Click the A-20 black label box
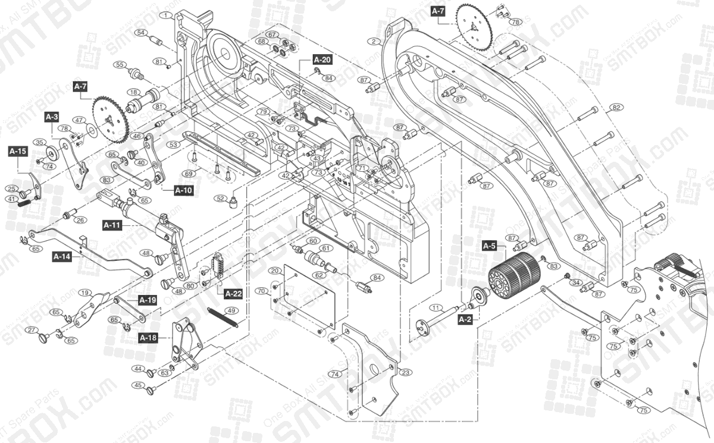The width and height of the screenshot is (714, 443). click(x=322, y=59)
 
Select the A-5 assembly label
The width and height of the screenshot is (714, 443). click(x=489, y=245)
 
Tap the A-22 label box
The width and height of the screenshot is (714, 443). click(x=233, y=293)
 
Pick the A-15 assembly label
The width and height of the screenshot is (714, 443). click(x=17, y=152)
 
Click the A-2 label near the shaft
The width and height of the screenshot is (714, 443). click(x=465, y=319)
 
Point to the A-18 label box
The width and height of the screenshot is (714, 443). click(x=148, y=338)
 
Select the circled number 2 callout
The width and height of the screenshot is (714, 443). click(x=373, y=41)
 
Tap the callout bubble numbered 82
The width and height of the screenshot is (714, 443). click(x=616, y=107)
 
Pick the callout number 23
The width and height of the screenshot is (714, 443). click(x=405, y=373)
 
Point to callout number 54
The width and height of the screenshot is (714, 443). click(x=142, y=33)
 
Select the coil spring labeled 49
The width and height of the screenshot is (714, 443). click(x=223, y=317)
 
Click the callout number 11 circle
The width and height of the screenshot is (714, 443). click(x=436, y=308)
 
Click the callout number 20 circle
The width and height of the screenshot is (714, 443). click(x=274, y=271)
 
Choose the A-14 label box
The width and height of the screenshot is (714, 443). click(x=61, y=257)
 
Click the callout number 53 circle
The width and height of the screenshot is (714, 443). click(x=173, y=144)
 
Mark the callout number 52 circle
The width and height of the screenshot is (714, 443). click(x=221, y=198)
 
